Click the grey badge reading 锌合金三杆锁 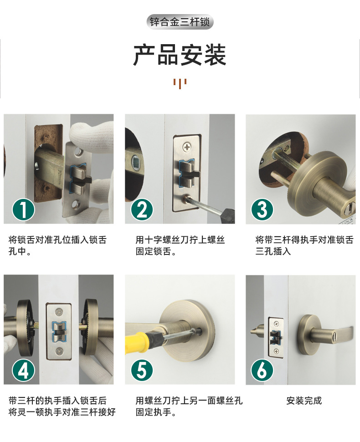180,22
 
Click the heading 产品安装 180,55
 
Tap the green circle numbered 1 23,210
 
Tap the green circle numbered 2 142,210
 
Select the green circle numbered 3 262,210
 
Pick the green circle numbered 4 23,370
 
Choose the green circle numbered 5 142,370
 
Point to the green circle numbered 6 262,370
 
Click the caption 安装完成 304,401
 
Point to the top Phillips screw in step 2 187,147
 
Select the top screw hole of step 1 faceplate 78,152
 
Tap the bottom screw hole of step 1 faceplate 76,204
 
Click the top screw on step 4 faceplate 59,312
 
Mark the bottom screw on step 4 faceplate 59,351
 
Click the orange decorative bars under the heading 180,84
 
